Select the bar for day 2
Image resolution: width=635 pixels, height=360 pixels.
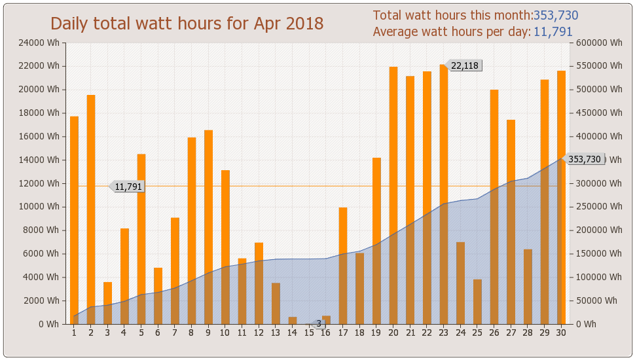point(91,209)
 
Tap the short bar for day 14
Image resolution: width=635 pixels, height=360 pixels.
point(293,321)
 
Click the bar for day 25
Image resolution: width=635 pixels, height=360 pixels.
point(477,302)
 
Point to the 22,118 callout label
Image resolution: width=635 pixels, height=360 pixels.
point(465,65)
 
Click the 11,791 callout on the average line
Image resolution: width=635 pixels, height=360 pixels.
point(128,187)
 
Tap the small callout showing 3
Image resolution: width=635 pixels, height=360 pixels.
point(319,323)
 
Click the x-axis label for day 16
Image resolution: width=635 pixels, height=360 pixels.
point(326,333)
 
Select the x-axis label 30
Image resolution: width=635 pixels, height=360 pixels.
point(561,333)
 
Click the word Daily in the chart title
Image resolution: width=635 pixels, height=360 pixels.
point(69,24)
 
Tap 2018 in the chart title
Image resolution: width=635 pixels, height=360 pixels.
point(303,24)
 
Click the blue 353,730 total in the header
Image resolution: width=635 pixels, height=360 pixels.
point(556,16)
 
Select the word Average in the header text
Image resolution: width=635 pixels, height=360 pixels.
point(396,32)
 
